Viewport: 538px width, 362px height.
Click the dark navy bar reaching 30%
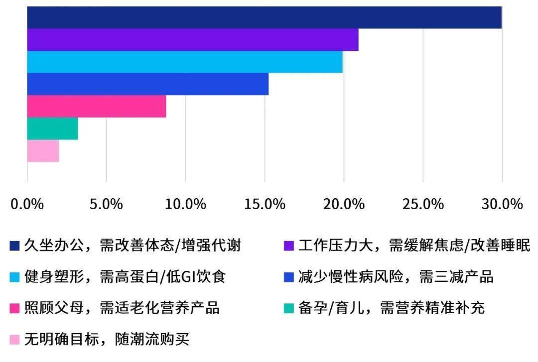[x=264, y=17]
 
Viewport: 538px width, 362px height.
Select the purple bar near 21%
[x=193, y=40]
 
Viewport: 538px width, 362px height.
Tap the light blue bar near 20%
[x=185, y=62]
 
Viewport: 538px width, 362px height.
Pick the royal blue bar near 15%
[x=148, y=84]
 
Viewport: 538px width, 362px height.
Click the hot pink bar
[x=97, y=107]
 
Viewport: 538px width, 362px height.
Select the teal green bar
[x=52, y=128]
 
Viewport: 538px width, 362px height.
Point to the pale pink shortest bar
[x=43, y=151]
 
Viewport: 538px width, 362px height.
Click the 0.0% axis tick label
[x=27, y=204]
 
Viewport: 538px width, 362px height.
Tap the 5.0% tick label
[x=106, y=204]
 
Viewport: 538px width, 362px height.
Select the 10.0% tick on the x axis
[x=185, y=204]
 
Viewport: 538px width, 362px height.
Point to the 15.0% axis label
[x=265, y=204]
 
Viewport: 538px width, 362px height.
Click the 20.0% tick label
[x=343, y=204]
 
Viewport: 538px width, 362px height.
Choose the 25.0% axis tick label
[x=423, y=204]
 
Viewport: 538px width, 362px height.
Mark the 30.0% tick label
[x=502, y=204]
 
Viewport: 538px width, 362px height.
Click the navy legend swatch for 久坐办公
[x=14, y=245]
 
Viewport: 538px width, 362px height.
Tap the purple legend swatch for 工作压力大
[x=289, y=245]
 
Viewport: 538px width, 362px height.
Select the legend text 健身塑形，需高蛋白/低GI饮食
[x=125, y=276]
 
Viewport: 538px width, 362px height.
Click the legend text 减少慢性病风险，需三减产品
[x=396, y=276]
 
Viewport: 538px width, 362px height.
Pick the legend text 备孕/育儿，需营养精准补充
[x=392, y=307]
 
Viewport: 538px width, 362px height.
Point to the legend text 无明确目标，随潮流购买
[x=107, y=339]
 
